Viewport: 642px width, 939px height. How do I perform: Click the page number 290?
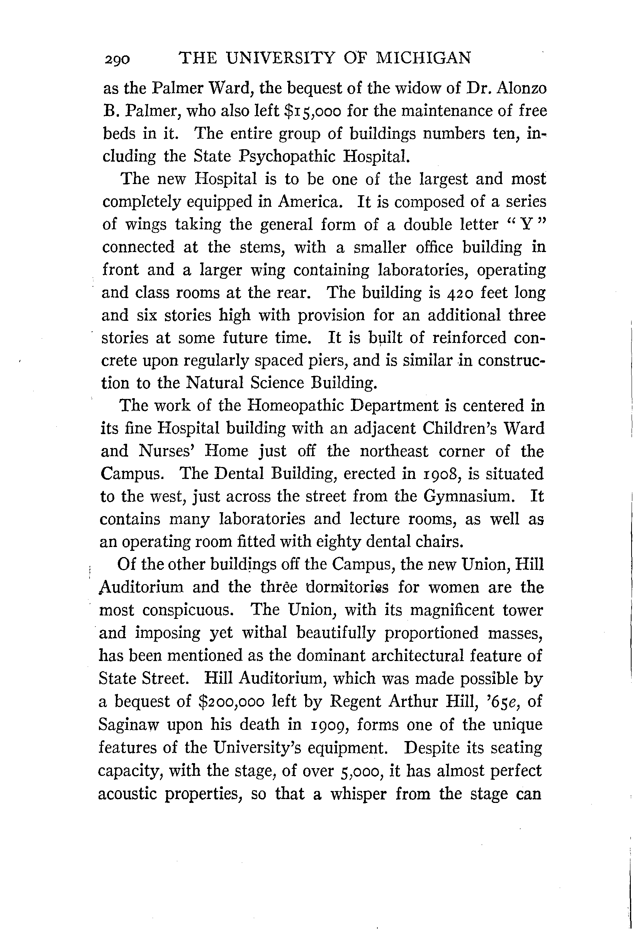(x=117, y=60)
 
